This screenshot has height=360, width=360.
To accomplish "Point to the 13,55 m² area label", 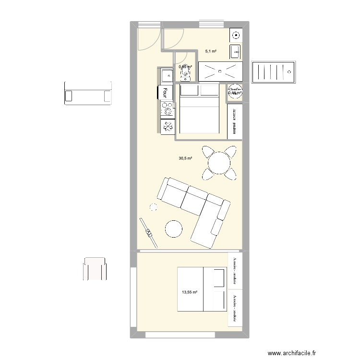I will pyautogui.click(x=189, y=291).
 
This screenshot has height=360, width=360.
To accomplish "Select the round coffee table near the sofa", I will pyautogui.click(x=173, y=228).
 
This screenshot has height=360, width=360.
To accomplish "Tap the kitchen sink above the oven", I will pyautogui.click(x=166, y=75).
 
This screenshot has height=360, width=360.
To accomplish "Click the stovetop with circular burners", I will pyautogui.click(x=168, y=109).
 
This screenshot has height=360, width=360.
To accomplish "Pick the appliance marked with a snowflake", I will pyautogui.click(x=168, y=126).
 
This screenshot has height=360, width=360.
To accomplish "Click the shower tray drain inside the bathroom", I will pyautogui.click(x=220, y=72).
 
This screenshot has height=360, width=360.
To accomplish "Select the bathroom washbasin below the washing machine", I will pyautogui.click(x=237, y=50).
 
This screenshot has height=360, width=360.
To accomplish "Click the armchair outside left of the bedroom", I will pyautogui.click(x=95, y=269).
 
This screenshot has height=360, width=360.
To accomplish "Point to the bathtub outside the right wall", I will pyautogui.click(x=273, y=72).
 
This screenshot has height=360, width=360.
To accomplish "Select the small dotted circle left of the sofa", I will pyautogui.click(x=153, y=207).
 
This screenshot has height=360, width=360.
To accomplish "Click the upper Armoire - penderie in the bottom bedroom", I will pyautogui.click(x=235, y=269).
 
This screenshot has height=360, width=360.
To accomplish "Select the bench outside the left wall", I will pyautogui.click(x=87, y=93).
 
